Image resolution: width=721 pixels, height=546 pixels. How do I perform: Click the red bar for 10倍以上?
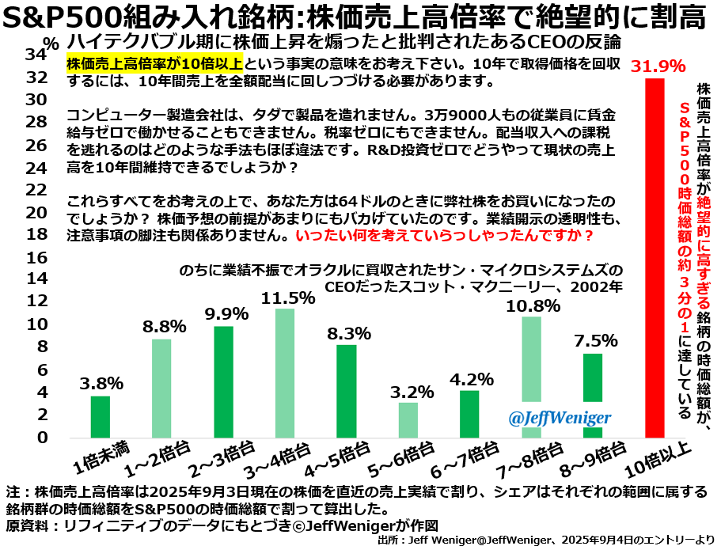pos(654,257)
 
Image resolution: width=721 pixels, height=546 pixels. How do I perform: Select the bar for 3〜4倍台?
pos(285,373)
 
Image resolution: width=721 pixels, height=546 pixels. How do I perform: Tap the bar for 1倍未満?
pos(101,416)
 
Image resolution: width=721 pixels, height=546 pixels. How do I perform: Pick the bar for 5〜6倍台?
pos(408,419)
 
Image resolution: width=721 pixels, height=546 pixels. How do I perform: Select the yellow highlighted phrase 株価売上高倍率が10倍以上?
pos(154,64)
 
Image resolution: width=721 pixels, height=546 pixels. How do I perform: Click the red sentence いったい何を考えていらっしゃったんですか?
pos(444,236)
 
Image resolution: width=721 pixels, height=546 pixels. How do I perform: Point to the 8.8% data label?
pos(164,326)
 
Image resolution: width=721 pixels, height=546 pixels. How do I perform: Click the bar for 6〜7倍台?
pos(469,413)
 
